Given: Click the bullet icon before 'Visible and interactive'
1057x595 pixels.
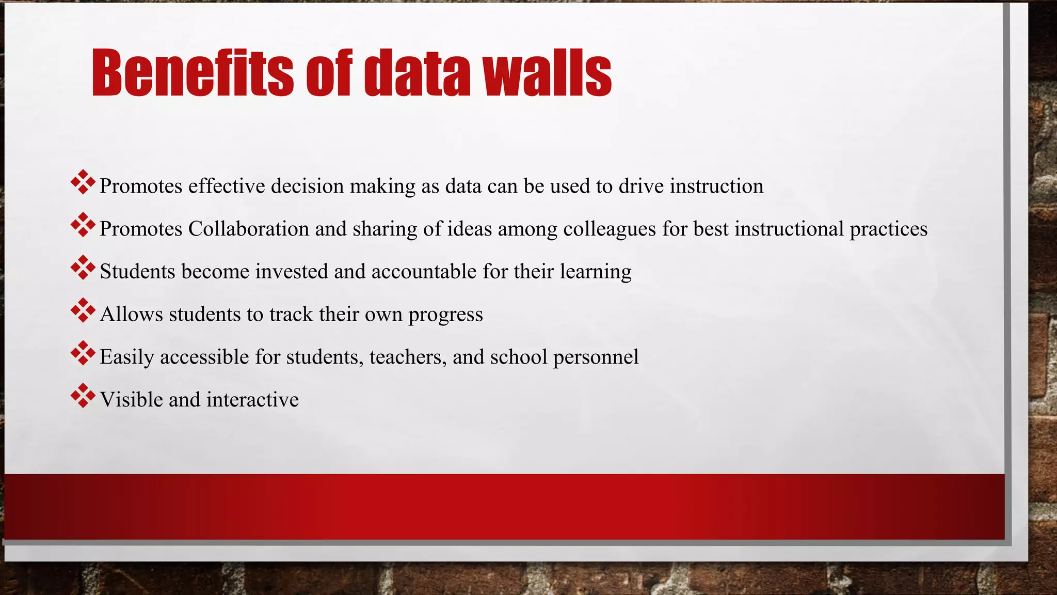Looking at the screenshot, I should coord(83,396).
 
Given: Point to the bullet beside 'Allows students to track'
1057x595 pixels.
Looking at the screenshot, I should coord(83,310).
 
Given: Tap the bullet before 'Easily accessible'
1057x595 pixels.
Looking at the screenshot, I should coord(83,353).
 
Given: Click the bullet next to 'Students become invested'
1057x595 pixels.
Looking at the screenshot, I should coord(83,268).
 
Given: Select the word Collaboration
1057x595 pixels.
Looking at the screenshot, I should coord(248,229).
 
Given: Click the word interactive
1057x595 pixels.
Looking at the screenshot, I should coord(252,400).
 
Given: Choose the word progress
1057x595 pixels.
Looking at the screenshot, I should coord(445,315).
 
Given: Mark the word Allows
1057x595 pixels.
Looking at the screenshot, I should coord(131,315).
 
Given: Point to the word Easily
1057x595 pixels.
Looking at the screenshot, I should coord(127,357).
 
